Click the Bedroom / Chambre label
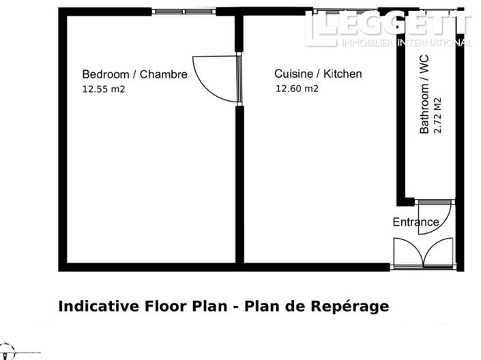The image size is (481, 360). (134, 74)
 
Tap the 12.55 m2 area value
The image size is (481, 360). (104, 89)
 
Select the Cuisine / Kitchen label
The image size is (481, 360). (318, 74)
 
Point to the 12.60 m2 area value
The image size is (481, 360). (297, 88)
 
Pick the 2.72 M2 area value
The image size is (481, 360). (438, 115)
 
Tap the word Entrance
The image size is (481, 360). (416, 222)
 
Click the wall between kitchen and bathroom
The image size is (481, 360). (401, 109)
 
